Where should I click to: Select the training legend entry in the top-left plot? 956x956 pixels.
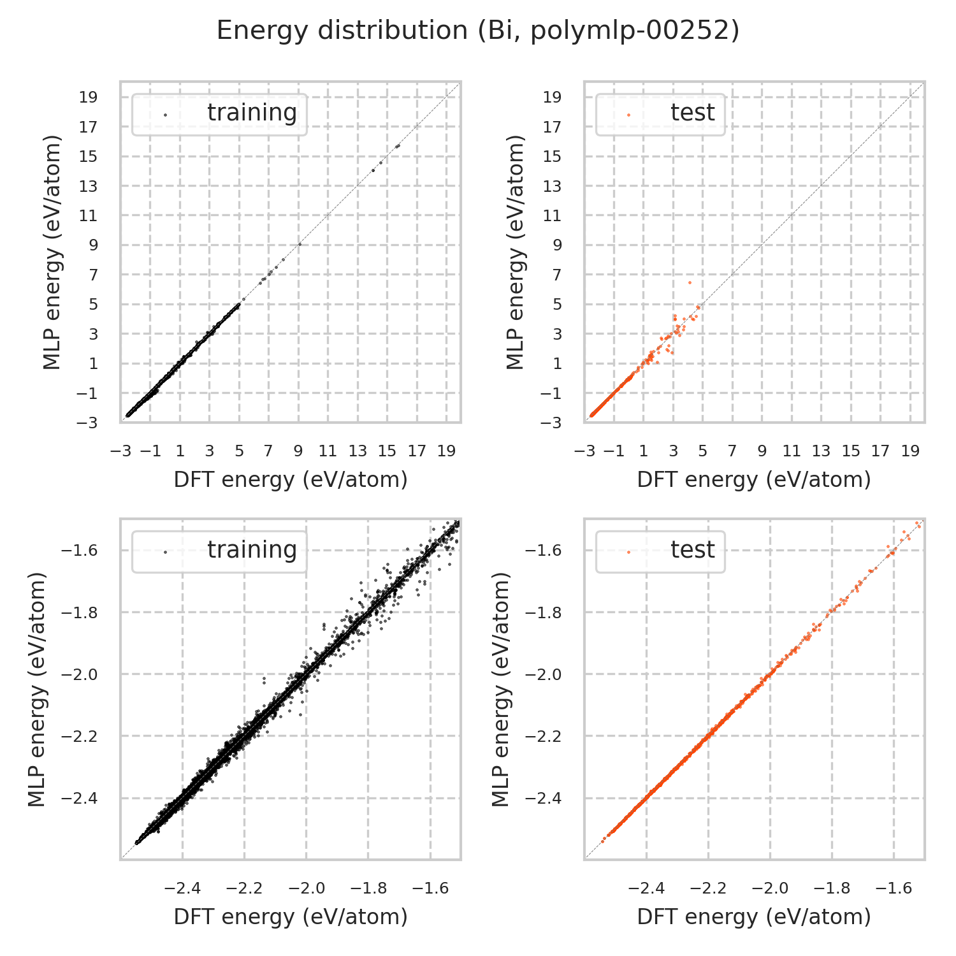tap(252, 113)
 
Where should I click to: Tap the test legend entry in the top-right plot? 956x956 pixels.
tap(692, 113)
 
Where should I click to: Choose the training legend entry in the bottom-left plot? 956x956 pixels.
tap(252, 550)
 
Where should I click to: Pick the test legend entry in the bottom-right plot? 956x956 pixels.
tap(692, 550)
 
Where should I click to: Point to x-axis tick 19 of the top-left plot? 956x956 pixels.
tap(446, 451)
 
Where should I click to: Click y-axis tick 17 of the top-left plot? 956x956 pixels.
tap(89, 127)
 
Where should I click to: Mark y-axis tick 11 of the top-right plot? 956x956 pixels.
tap(552, 216)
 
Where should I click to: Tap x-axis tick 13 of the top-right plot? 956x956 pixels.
tap(821, 451)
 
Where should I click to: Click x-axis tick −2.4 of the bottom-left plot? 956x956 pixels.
tap(182, 888)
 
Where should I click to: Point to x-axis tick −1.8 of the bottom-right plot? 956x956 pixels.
tap(832, 888)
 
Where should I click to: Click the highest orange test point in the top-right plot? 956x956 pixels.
tap(689, 282)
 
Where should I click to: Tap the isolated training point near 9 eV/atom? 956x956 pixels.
tap(300, 244)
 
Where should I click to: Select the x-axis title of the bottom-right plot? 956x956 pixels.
tap(754, 916)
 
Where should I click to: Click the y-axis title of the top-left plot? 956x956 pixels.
tap(53, 252)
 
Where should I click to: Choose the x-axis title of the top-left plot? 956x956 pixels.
tap(291, 479)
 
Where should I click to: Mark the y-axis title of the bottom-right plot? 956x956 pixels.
tap(503, 689)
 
